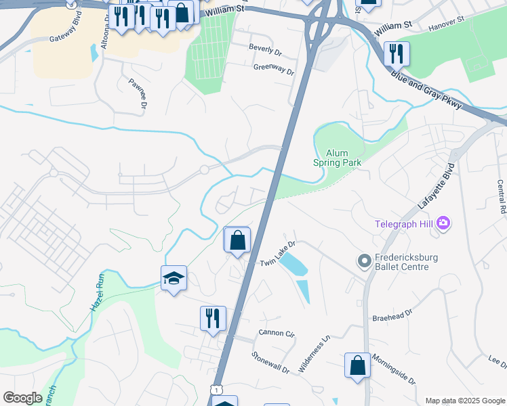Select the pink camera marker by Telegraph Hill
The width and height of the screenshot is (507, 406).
click(444, 222)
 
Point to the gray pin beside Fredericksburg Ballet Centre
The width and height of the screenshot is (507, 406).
click(365, 260)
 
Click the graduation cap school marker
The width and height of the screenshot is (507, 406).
click(174, 278)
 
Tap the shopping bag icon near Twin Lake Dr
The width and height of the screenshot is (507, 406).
click(237, 240)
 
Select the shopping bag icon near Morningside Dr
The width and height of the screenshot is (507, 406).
click(357, 365)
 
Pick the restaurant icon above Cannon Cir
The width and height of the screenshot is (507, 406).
click(213, 318)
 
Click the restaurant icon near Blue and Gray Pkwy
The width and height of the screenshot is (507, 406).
click(397, 53)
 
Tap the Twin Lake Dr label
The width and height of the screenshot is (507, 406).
click(279, 253)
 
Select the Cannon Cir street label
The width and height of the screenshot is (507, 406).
click(277, 334)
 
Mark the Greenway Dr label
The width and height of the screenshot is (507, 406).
click(274, 69)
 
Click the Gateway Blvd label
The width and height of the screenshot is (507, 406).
click(70, 37)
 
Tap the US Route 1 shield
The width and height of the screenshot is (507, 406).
click(216, 389)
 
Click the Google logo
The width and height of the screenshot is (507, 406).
click(22, 398)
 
